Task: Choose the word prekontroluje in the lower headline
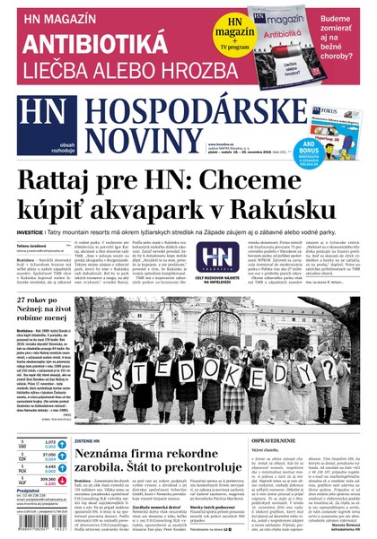point(208,476)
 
